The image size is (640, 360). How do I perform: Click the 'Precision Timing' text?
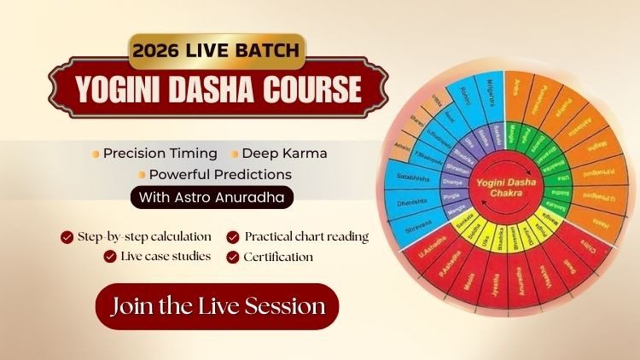160,154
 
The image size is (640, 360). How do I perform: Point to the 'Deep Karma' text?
284,154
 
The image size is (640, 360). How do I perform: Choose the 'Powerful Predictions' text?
219,174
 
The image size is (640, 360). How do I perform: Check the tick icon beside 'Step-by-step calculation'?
67,236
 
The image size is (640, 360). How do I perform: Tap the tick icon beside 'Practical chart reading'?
233,236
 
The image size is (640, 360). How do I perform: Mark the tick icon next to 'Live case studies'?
110,256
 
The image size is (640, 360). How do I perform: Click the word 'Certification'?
278,256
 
